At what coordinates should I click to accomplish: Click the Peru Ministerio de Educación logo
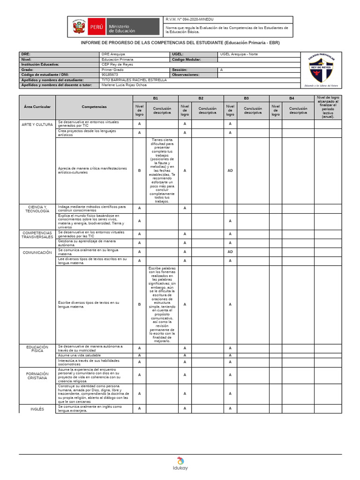pos(115,27)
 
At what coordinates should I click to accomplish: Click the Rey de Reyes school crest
pos(321,70)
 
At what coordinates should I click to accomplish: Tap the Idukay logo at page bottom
pos(180,464)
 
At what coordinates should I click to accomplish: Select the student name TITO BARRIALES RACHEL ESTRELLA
pos(134,80)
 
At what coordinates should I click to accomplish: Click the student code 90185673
pos(110,75)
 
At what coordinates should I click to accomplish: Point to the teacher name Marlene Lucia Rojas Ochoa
pos(124,85)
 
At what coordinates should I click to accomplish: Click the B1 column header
pos(156,98)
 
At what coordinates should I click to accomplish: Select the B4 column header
pos(292,98)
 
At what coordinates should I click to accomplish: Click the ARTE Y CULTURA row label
pos(37,124)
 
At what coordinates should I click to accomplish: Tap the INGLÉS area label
pos(37,409)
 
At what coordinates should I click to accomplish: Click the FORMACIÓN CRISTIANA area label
pos(37,375)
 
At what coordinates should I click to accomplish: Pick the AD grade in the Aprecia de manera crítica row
pos(230,171)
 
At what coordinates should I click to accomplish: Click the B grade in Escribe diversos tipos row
pos(139,304)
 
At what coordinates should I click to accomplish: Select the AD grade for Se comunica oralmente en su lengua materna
pos(230,252)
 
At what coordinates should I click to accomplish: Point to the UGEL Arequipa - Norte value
pos(239,54)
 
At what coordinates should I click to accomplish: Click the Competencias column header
pos(94,107)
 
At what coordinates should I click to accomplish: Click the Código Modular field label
pos(186,60)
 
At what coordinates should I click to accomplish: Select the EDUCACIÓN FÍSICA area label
pos(37,349)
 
